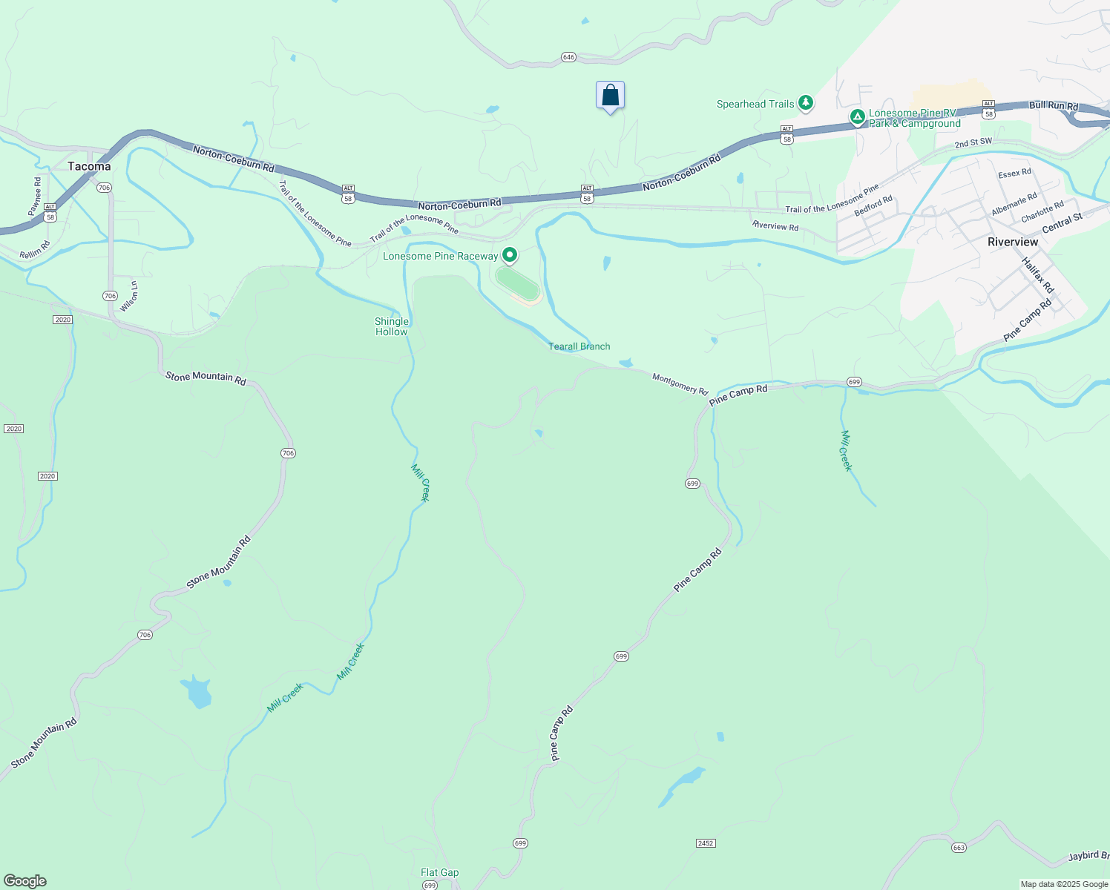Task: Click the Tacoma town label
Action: (89, 166)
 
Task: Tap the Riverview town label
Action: (1013, 242)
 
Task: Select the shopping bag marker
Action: (610, 96)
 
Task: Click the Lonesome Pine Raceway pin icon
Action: (510, 255)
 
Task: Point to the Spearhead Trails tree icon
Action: (806, 103)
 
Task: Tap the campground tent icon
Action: (857, 116)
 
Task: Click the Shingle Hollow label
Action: (392, 326)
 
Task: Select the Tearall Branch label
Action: (579, 346)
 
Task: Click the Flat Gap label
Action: (439, 872)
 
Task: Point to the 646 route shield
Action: (568, 57)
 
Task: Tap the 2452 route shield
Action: (705, 843)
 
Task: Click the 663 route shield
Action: (959, 848)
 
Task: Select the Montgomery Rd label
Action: (680, 383)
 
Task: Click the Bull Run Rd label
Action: (1053, 106)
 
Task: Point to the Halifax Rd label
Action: (1037, 274)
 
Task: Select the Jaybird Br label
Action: (1088, 855)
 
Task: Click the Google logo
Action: (25, 880)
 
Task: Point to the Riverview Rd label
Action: (775, 226)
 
